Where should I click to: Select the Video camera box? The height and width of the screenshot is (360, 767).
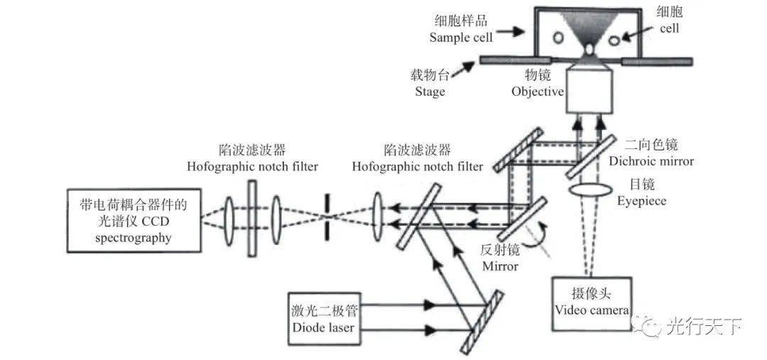591,303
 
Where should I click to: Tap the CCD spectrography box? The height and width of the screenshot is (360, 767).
133,221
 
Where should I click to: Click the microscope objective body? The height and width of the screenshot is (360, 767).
590,92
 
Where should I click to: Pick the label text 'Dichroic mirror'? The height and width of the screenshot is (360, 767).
651,161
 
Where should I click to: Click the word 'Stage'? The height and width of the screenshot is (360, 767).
430,91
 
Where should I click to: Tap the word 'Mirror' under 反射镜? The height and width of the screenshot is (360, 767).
500,266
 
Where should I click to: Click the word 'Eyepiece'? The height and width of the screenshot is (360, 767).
642,201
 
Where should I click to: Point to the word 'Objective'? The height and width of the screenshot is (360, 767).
538,91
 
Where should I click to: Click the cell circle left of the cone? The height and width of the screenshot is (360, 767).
557,37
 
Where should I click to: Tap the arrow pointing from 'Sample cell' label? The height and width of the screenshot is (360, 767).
508,32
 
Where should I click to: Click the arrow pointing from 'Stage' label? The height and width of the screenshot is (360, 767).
462,70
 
